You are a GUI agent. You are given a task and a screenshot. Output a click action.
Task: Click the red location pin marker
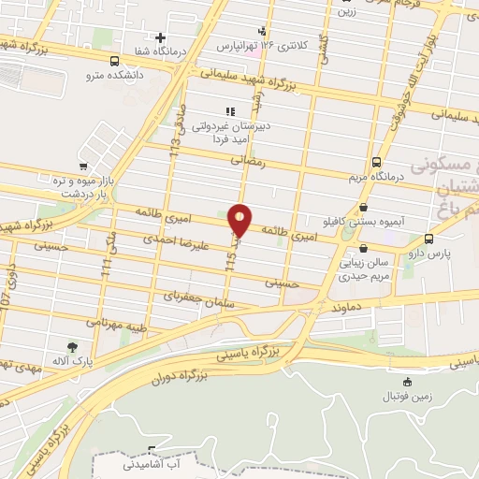coord(239,218)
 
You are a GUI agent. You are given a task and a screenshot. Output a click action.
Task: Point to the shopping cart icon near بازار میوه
coord(91,141)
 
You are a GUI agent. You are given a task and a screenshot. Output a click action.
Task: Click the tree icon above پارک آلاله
coord(72,346)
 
